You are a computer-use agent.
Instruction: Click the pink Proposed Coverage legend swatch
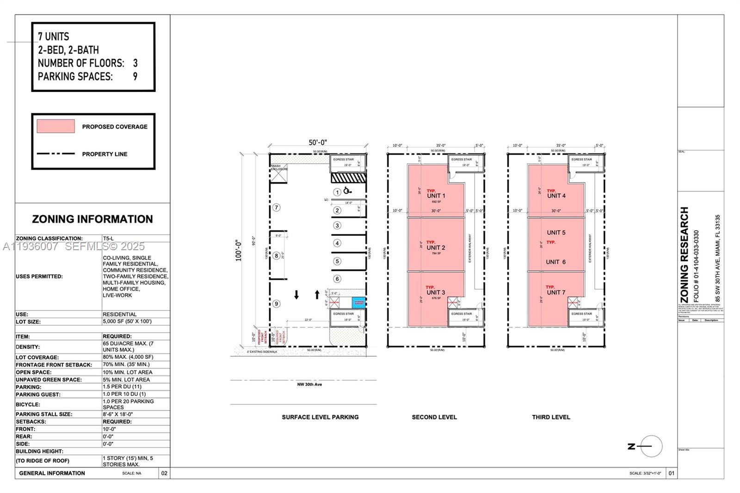click(x=55, y=126)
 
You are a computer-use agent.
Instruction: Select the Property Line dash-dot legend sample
click(x=55, y=154)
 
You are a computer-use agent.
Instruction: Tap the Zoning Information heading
click(x=92, y=219)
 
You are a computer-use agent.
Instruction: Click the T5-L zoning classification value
click(x=108, y=239)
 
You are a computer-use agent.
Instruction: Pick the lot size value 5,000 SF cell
click(x=127, y=321)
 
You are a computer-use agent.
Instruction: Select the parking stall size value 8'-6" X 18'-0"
click(x=117, y=414)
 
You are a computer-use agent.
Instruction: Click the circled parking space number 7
click(x=276, y=208)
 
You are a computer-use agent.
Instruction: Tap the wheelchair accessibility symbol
click(x=347, y=190)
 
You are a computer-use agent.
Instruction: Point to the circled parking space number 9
click(x=276, y=304)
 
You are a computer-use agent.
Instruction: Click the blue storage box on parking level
click(x=359, y=302)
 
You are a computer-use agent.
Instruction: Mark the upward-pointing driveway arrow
click(x=317, y=295)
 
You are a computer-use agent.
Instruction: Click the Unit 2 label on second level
click(x=436, y=248)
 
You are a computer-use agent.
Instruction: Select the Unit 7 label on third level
click(x=556, y=292)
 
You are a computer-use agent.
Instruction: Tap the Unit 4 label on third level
click(x=556, y=196)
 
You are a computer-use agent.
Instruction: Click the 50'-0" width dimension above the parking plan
click(x=318, y=143)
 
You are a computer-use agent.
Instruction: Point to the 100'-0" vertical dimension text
click(x=239, y=250)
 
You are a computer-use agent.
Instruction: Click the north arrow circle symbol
click(x=652, y=446)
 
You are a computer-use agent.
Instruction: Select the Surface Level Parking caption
click(x=320, y=417)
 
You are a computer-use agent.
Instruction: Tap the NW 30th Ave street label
click(x=309, y=384)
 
